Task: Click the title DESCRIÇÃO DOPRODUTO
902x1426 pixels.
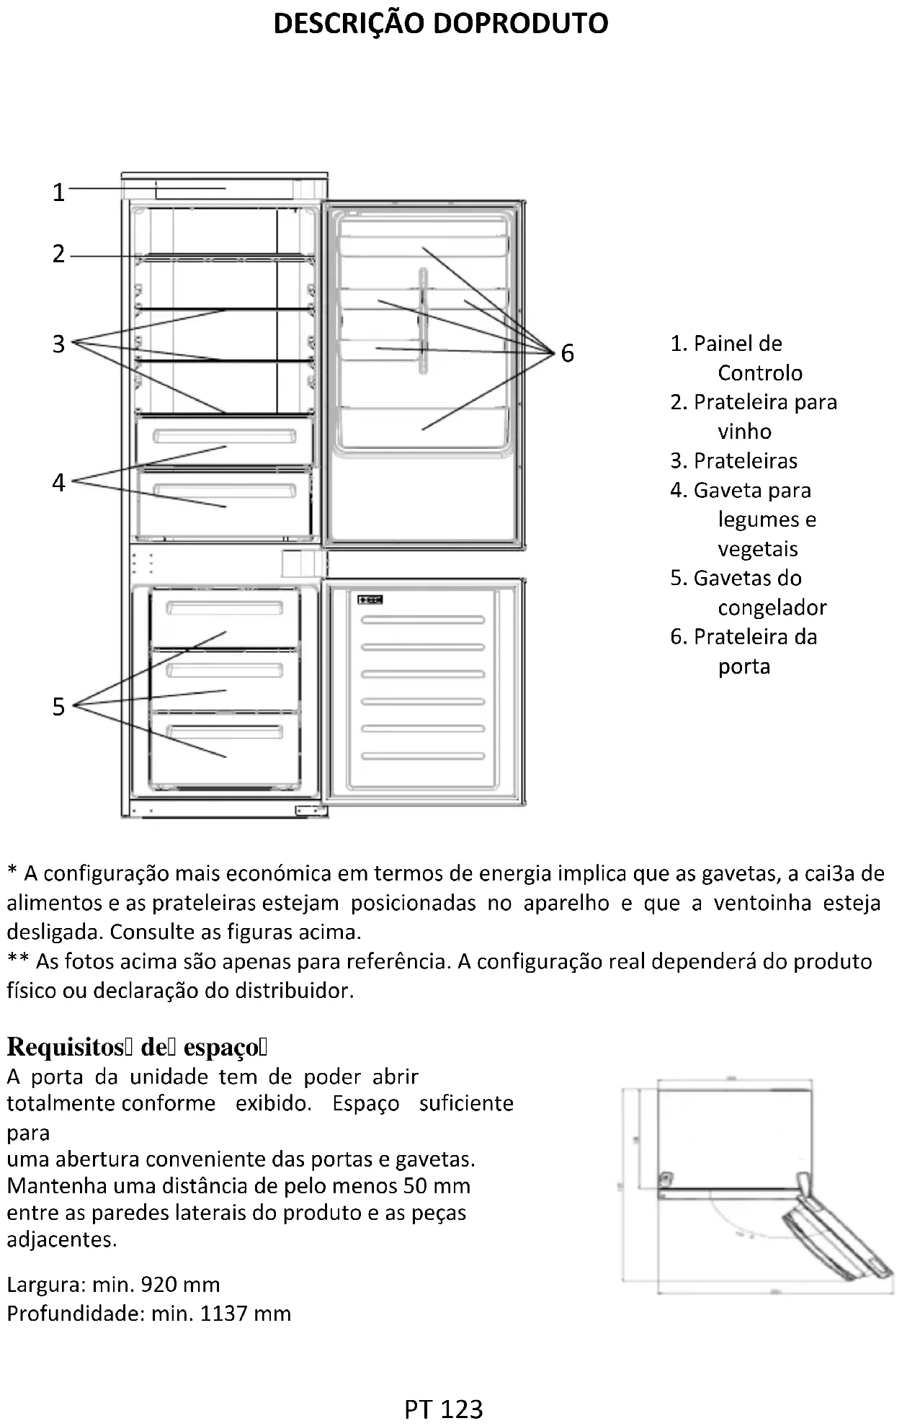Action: tap(441, 24)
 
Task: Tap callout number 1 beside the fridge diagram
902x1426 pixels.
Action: tap(59, 192)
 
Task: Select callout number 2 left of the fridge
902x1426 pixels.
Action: tap(59, 254)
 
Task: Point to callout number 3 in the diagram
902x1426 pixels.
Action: tap(59, 344)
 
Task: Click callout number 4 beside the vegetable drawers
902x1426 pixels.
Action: tap(59, 482)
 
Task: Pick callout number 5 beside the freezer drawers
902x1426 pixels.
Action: tap(59, 707)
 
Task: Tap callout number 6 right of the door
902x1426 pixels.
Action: tap(568, 353)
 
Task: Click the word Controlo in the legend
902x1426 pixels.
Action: tap(759, 373)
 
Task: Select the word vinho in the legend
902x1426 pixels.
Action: tap(744, 432)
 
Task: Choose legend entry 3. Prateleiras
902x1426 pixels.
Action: tap(733, 461)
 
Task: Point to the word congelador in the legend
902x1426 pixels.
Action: tap(772, 608)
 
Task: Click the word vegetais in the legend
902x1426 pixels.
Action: tap(757, 549)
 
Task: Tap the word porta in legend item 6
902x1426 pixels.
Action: tap(744, 667)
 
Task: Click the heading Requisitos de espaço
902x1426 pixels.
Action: tap(137, 1047)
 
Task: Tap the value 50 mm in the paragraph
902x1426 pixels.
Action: tap(437, 1185)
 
